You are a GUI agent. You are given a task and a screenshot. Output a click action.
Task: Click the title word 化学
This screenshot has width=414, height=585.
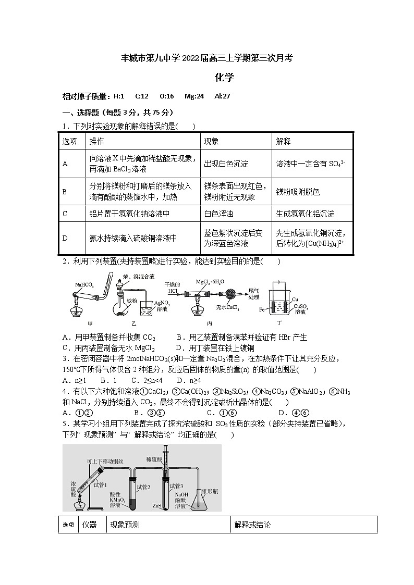pyautogui.click(x=224, y=78)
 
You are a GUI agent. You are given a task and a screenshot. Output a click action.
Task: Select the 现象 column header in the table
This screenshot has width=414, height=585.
pyautogui.click(x=211, y=142)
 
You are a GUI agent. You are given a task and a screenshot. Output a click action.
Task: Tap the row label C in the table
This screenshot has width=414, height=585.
pyautogui.click(x=65, y=214)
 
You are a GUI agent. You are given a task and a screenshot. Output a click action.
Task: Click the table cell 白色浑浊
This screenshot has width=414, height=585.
pyautogui.click(x=218, y=214)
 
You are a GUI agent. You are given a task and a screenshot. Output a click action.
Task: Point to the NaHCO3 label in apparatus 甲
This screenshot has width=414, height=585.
pyautogui.click(x=84, y=285)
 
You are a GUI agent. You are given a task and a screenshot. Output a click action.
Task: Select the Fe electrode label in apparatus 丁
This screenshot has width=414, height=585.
pyautogui.click(x=262, y=309)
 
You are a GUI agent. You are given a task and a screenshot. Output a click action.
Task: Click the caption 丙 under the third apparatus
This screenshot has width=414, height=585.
pyautogui.click(x=209, y=323)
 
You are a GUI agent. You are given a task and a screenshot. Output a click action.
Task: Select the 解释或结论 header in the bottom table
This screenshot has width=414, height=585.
pyautogui.click(x=252, y=525)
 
